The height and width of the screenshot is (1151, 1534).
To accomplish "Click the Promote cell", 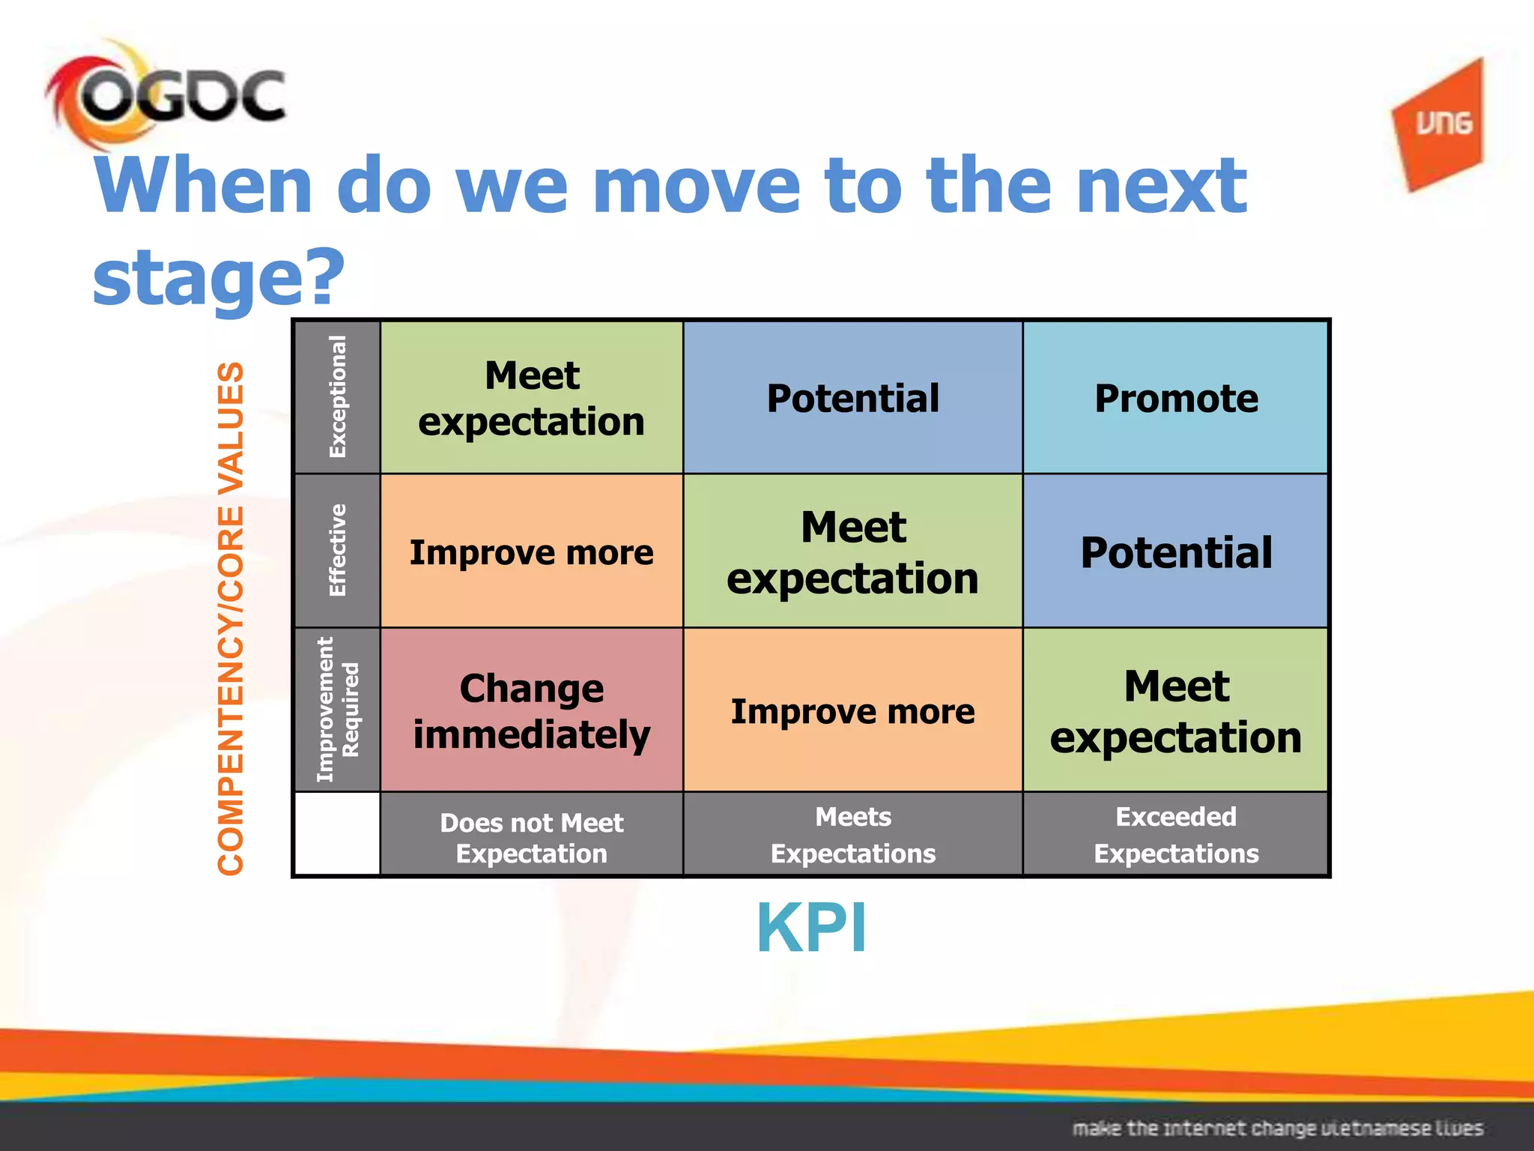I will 1176,398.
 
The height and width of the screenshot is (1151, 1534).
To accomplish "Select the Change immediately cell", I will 532,710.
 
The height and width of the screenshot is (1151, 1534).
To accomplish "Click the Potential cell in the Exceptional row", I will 852,398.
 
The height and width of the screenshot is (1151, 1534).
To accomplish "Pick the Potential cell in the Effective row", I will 1176,552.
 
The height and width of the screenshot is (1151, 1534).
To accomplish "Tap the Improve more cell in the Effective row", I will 532,552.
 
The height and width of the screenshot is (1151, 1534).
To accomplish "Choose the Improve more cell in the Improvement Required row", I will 852,710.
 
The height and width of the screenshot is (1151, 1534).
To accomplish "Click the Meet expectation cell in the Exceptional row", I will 532,398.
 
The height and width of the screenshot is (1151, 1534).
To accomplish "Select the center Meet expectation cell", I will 852,552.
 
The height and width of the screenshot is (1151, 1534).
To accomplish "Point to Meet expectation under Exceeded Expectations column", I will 1176,710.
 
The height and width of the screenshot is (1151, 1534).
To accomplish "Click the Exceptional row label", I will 338,397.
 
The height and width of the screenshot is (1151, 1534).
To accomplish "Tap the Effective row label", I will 338,551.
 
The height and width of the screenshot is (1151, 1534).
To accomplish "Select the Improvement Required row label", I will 338,710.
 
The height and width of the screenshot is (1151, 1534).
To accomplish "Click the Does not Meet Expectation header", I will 532,837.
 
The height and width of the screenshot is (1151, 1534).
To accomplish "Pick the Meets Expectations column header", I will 852,834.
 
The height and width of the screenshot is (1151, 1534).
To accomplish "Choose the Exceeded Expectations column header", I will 1176,834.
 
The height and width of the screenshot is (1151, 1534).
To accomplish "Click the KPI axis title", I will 811,928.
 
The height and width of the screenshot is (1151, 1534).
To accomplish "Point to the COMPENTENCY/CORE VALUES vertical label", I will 231,618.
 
